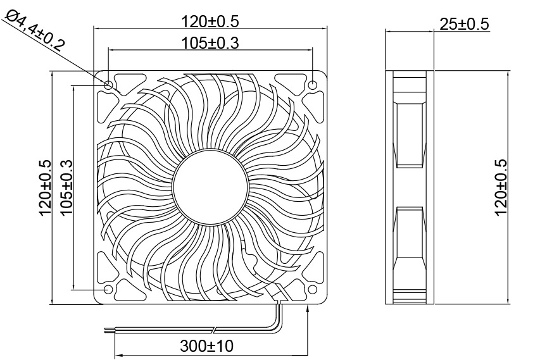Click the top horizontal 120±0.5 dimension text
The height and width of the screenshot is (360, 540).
[x=210, y=21]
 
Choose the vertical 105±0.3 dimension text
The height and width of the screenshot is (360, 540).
[x=66, y=187]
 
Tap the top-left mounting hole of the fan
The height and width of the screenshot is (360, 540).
[x=108, y=85]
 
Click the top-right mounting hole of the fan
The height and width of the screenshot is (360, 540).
[x=313, y=85]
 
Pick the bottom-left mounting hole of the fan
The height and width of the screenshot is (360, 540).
[x=108, y=289]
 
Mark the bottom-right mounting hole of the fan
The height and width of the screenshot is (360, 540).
[x=313, y=289]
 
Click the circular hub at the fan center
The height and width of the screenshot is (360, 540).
[x=210, y=187]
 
